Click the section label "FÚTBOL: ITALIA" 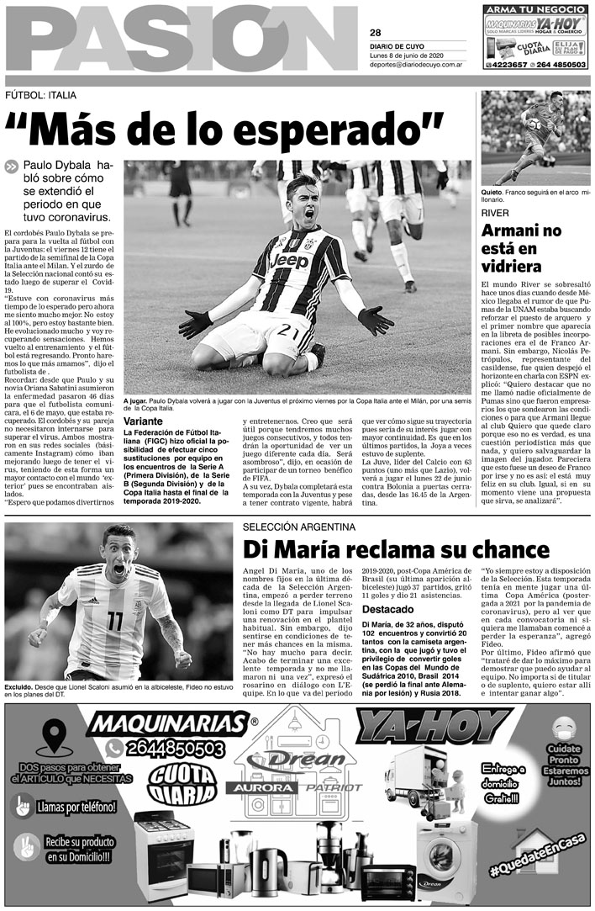point(40,95)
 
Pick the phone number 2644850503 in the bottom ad point(176,748)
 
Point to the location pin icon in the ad point(54,738)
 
